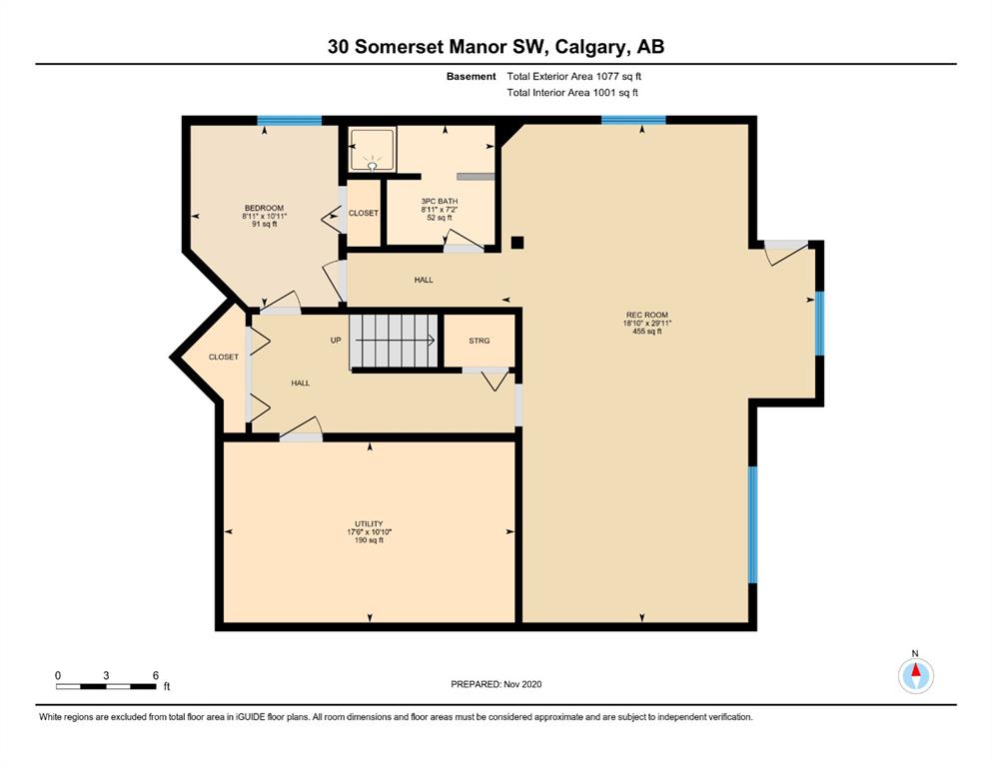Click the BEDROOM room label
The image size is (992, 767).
click(265, 208)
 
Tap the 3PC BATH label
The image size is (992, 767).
click(440, 201)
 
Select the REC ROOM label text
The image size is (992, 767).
click(647, 315)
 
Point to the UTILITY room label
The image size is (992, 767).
click(369, 523)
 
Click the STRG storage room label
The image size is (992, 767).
click(480, 341)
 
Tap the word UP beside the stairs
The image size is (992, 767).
click(336, 341)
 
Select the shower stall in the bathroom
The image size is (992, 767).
click(373, 149)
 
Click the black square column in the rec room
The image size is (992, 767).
click(517, 242)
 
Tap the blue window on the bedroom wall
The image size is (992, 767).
click(289, 121)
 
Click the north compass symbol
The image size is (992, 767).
click(915, 675)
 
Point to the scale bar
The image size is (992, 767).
click(106, 686)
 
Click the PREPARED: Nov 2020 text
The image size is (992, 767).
click(496, 684)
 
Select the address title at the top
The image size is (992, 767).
click(496, 47)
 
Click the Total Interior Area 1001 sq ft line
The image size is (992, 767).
click(572, 93)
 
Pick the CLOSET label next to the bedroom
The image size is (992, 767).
click(364, 213)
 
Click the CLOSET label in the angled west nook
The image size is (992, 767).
click(224, 357)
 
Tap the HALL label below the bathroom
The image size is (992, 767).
click(424, 280)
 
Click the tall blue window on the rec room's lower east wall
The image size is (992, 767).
click(753, 524)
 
